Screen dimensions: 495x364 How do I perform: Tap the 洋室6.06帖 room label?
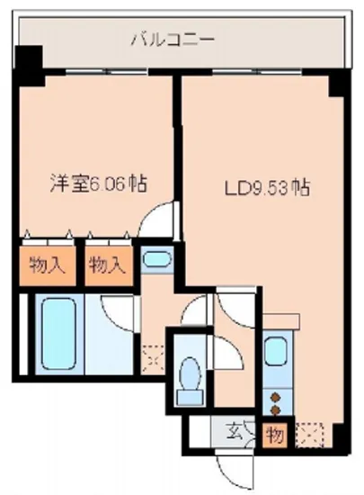point(97,184)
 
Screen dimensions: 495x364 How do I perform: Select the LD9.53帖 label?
point(254,189)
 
